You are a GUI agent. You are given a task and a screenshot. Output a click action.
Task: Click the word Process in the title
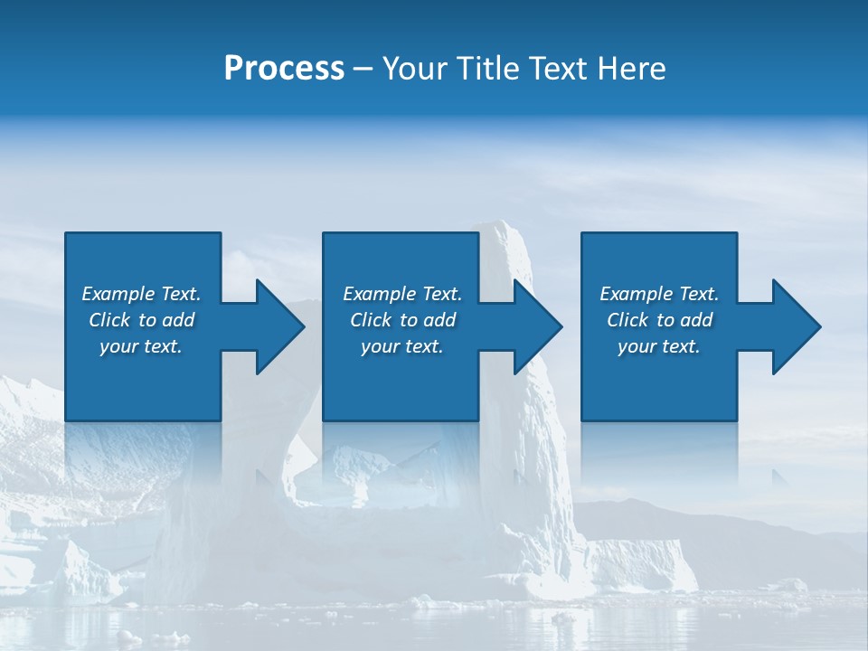(284, 69)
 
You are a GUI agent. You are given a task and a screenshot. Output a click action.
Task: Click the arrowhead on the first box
(277, 326)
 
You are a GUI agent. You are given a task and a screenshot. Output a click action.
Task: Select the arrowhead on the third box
(794, 326)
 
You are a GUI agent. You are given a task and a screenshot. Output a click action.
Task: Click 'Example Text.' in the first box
(141, 294)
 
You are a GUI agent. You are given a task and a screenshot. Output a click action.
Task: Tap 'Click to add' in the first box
(141, 320)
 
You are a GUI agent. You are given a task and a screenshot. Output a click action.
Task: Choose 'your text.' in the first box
(141, 346)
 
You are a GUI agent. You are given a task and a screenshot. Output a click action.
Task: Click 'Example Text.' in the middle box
(402, 294)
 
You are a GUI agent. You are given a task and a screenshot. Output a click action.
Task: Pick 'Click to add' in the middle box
(402, 320)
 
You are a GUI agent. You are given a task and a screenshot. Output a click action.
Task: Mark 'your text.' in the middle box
(402, 346)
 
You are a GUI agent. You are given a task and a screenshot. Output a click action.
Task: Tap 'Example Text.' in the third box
(659, 294)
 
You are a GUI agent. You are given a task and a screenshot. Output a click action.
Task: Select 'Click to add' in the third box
(659, 320)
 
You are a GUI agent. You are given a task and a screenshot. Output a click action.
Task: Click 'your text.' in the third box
(659, 346)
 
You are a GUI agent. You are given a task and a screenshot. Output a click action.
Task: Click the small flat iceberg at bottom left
(86, 574)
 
